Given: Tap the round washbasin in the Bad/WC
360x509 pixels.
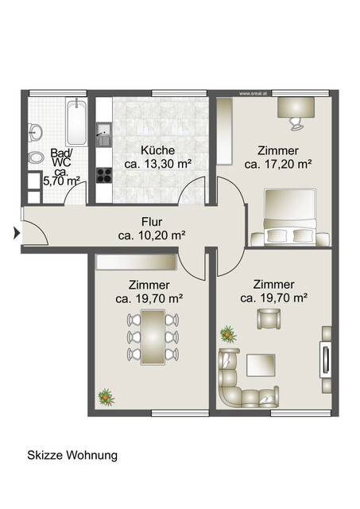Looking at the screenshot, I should click(x=36, y=131).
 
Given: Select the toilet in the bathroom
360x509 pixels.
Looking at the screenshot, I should click(x=33, y=157).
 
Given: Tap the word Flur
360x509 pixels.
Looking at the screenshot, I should click(x=152, y=222).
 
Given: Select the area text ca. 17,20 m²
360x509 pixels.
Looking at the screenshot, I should click(x=278, y=165).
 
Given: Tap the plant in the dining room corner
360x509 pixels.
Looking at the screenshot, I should click(x=104, y=394).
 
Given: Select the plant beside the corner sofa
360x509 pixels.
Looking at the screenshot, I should click(x=229, y=332).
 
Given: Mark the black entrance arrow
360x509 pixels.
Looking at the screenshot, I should click(x=16, y=233).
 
